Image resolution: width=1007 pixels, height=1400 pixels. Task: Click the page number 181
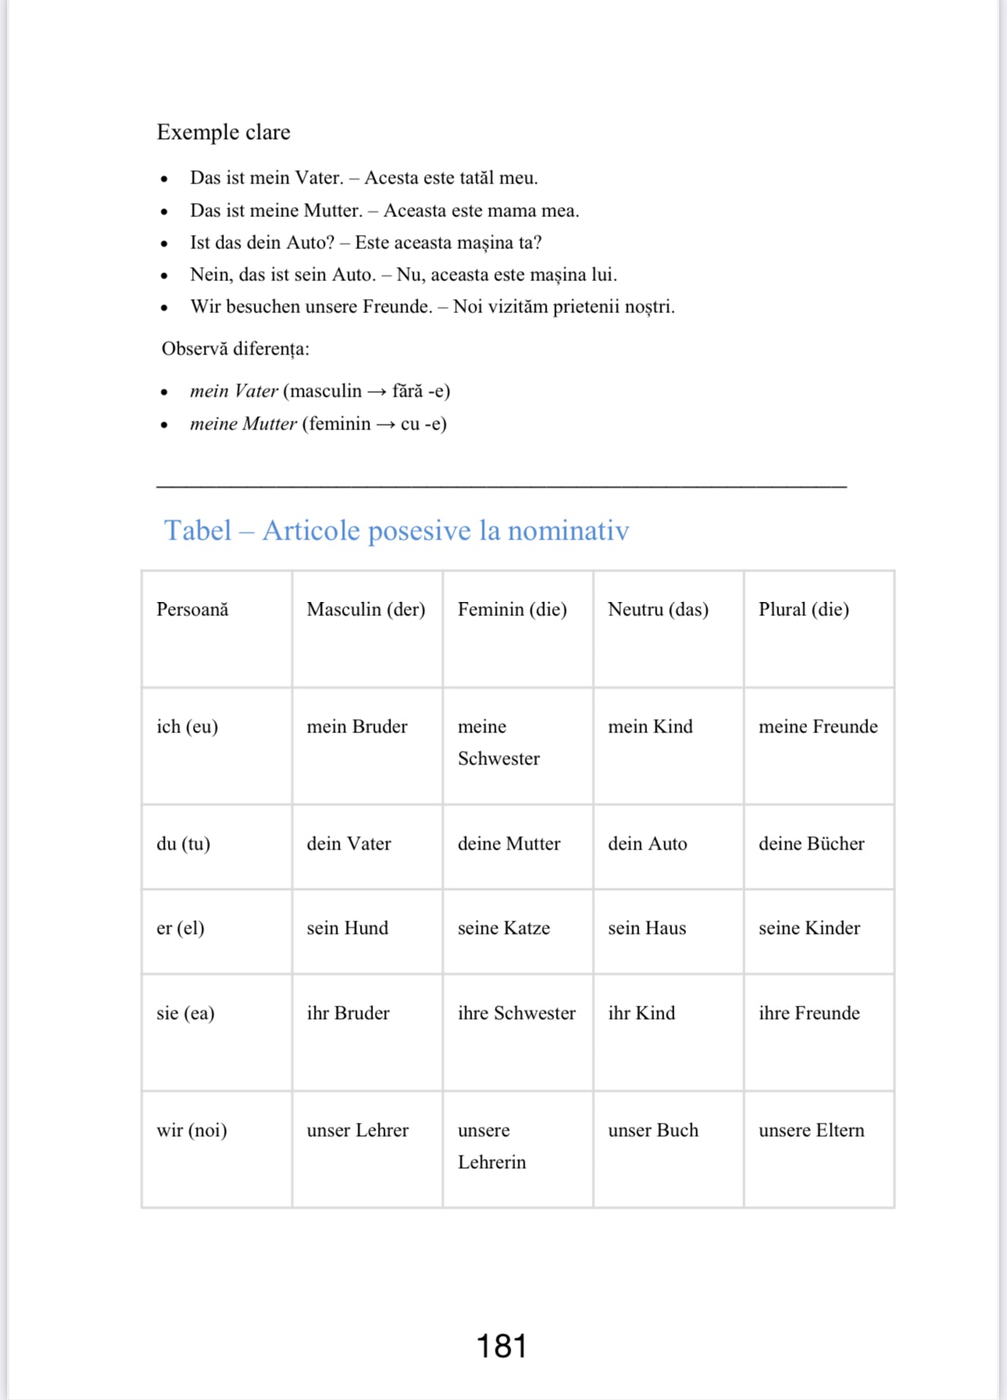coord(501,1346)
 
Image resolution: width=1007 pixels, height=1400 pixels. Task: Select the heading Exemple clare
coord(223,132)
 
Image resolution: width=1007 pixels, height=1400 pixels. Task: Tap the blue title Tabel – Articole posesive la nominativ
coord(396,531)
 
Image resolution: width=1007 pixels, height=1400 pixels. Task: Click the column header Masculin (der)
coord(365,609)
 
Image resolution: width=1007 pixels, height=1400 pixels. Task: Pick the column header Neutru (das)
coord(658,609)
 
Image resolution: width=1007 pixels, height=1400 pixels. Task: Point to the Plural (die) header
coord(803,609)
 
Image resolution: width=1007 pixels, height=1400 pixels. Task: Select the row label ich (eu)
coord(187,726)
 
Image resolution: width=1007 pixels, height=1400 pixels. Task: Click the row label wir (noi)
coord(192,1130)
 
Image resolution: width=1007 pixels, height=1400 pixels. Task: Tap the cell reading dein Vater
coord(349,843)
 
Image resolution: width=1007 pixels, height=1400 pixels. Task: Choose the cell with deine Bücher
coord(811,843)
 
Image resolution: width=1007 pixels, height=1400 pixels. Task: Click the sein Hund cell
coord(347,928)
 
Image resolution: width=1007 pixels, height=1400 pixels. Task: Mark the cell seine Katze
coord(503,928)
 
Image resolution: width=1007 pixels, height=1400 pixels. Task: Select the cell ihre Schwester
coord(516,1013)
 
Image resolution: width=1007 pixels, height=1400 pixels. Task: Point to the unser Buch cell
coord(653,1130)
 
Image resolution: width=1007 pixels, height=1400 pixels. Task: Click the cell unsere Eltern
coord(811,1130)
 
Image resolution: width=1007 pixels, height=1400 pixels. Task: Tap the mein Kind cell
coord(650,726)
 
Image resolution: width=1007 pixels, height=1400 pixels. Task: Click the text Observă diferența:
coord(235,348)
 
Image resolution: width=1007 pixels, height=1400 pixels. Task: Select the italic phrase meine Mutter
coord(244,424)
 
